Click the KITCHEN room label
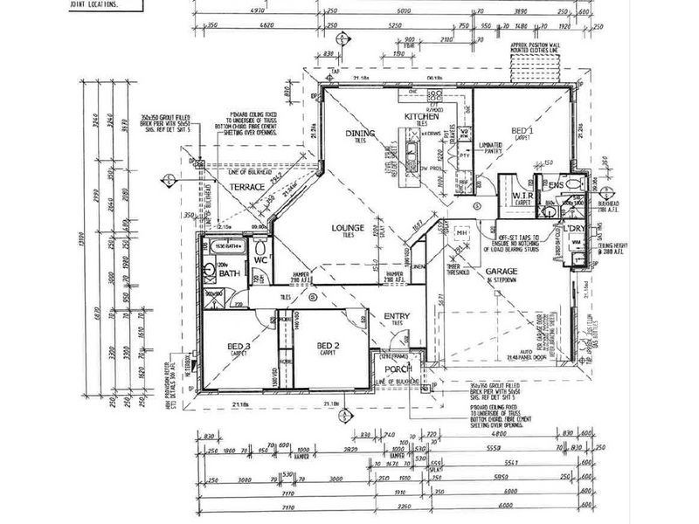[x=420, y=116]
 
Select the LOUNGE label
[x=347, y=228]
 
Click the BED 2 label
[x=328, y=346]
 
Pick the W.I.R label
[x=523, y=194]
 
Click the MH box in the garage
[x=461, y=233]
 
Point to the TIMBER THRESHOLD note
[x=453, y=269]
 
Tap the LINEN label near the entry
[x=419, y=267]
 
